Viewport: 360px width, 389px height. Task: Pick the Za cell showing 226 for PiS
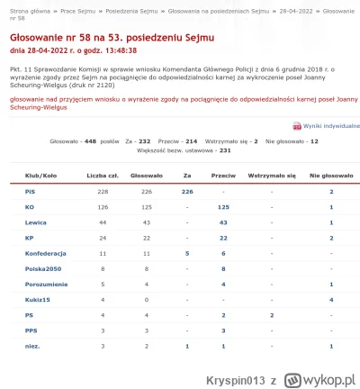[x=187, y=192]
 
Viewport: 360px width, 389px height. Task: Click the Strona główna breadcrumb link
[x=27, y=9]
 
